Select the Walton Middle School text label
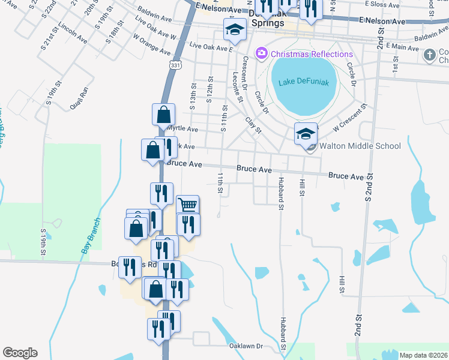point(360,146)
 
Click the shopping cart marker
point(188,205)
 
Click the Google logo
point(20,353)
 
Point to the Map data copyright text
point(423,355)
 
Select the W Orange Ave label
point(152,44)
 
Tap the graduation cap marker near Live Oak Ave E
point(235,29)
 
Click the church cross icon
point(429,55)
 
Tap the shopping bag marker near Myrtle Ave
point(163,114)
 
